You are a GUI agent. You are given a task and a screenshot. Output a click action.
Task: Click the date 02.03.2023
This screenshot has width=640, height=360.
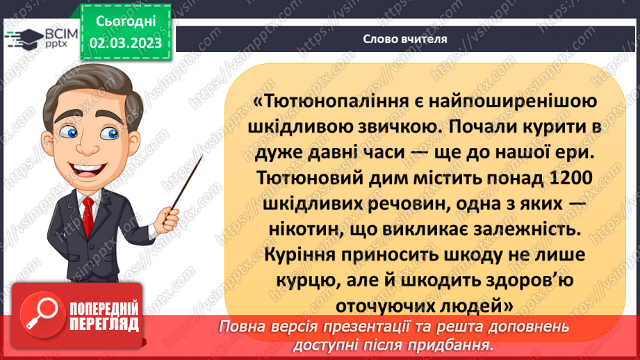[x=125, y=42]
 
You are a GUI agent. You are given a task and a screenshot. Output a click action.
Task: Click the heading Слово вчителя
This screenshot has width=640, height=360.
[x=405, y=39]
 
